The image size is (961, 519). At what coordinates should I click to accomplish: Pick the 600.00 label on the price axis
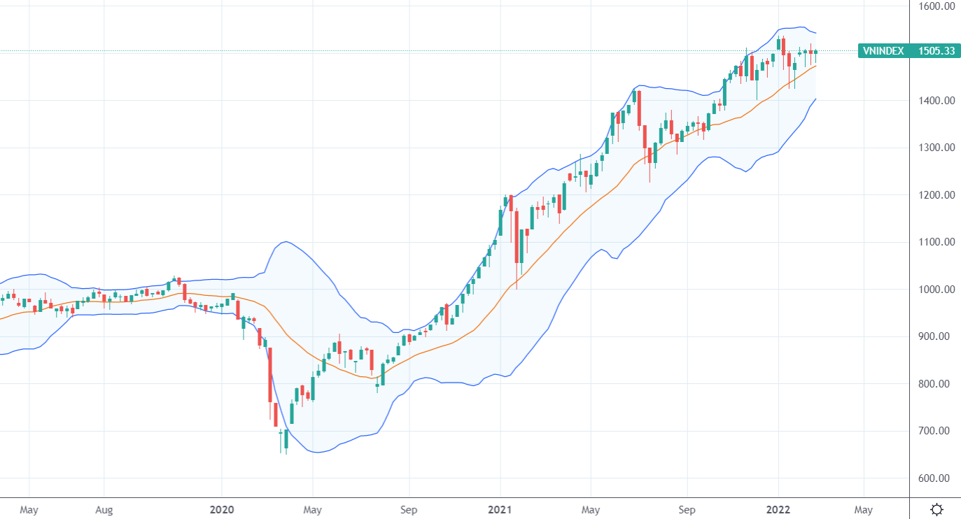[938, 478]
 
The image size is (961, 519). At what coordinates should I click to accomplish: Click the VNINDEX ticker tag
[883, 51]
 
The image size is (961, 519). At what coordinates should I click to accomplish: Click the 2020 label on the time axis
[222, 510]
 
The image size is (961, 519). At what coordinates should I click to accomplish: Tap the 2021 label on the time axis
[500, 510]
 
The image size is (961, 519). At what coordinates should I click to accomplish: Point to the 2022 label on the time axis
[778, 510]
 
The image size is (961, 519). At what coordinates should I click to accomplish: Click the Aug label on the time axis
[104, 510]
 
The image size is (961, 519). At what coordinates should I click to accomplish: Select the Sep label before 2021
[409, 510]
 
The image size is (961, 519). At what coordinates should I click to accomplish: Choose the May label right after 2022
[863, 510]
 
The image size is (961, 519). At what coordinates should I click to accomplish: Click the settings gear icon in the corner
[937, 509]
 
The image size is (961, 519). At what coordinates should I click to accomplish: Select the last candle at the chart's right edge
[815, 52]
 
